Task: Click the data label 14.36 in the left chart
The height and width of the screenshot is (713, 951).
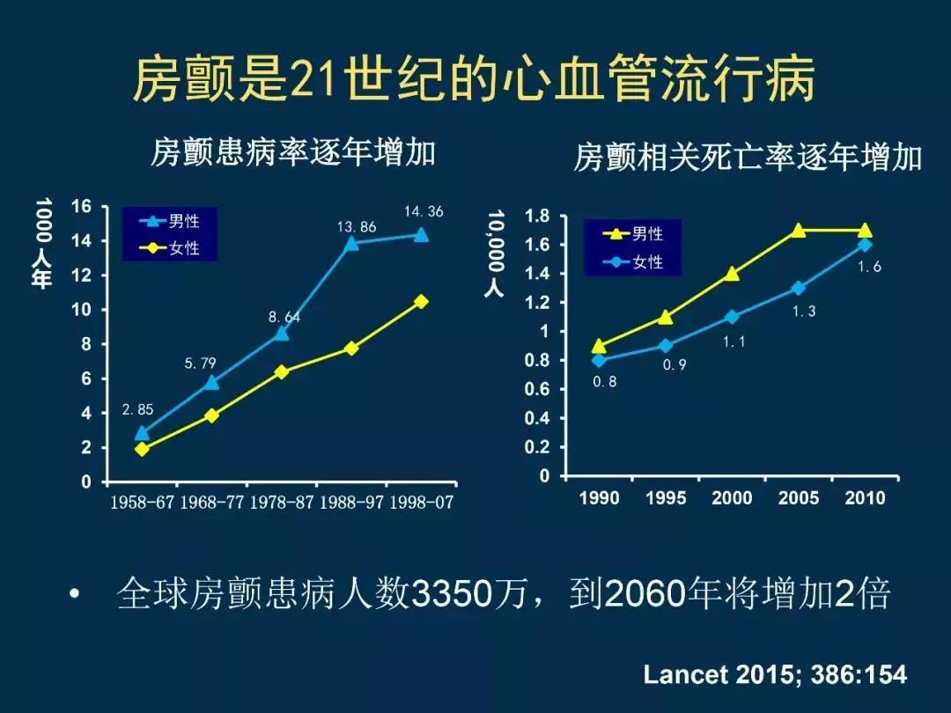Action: tap(424, 211)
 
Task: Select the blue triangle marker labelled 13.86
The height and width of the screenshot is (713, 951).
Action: tap(351, 243)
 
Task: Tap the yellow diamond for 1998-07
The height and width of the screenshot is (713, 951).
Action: tap(421, 301)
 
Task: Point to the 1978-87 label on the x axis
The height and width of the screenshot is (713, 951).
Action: tap(282, 503)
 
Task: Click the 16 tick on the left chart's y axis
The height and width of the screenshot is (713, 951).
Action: tap(81, 207)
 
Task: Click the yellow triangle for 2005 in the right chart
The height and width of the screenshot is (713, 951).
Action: tap(798, 231)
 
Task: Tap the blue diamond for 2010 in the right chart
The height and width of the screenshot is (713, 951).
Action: tap(865, 245)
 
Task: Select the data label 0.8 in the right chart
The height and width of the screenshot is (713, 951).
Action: tap(604, 382)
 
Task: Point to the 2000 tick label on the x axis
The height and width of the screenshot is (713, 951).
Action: tap(732, 498)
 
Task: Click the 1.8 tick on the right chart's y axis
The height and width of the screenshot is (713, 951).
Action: tap(537, 217)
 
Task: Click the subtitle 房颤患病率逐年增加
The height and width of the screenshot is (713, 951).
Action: tap(293, 151)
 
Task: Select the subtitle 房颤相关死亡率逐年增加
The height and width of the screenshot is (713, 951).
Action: tap(748, 158)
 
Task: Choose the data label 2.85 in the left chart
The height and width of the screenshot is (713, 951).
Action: tap(137, 409)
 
